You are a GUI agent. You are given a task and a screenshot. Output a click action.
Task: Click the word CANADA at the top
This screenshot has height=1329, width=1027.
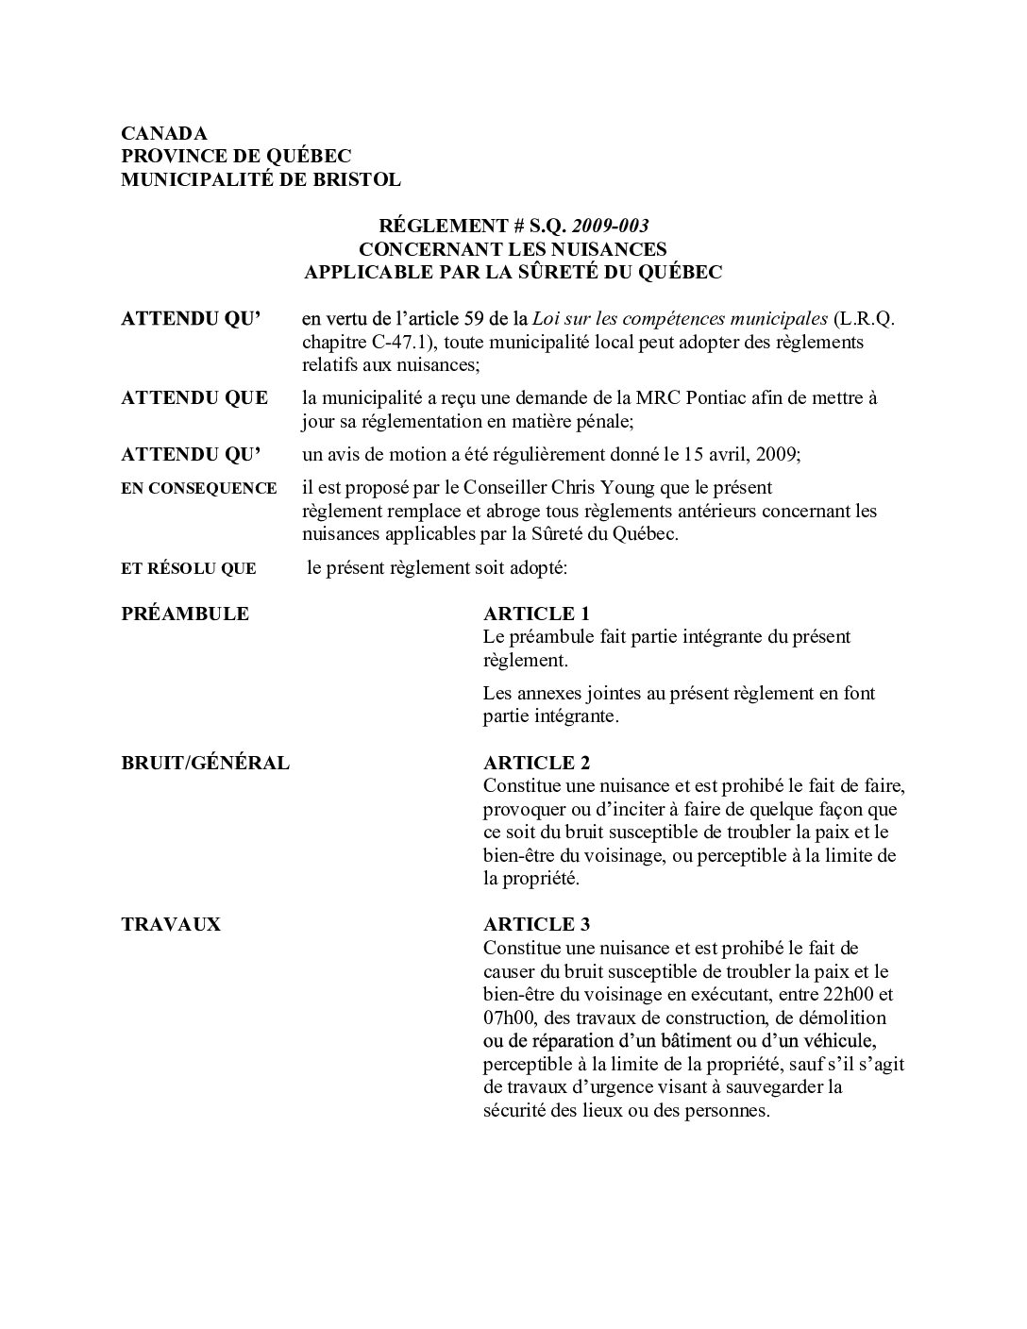pos(164,133)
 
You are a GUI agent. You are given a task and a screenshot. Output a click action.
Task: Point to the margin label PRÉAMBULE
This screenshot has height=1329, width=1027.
pos(185,614)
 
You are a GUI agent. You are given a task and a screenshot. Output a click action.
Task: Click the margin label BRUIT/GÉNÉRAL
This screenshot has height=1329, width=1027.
pos(206,763)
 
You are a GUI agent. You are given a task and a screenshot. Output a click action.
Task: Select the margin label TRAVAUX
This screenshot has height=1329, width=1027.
pos(171,924)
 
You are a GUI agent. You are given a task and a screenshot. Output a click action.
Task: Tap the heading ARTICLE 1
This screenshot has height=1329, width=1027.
pos(536,614)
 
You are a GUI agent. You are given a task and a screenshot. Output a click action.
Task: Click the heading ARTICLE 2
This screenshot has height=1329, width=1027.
pos(536,763)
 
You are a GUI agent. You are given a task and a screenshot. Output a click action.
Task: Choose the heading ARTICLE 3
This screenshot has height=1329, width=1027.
pos(536,924)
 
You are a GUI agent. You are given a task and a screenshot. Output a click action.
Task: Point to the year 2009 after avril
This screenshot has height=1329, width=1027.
pos(778,454)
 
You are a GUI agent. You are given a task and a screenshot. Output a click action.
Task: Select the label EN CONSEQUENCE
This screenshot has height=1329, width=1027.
pos(199,489)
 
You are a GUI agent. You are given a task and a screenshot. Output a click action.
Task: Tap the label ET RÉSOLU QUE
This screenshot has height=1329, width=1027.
pos(189,569)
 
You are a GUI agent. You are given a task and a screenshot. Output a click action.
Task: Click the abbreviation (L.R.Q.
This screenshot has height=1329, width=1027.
pos(864,318)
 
